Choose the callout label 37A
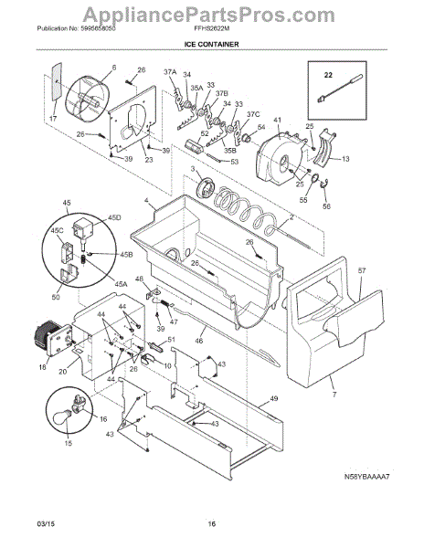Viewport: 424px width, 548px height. tap(169, 72)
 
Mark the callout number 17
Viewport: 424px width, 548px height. tap(52, 118)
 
